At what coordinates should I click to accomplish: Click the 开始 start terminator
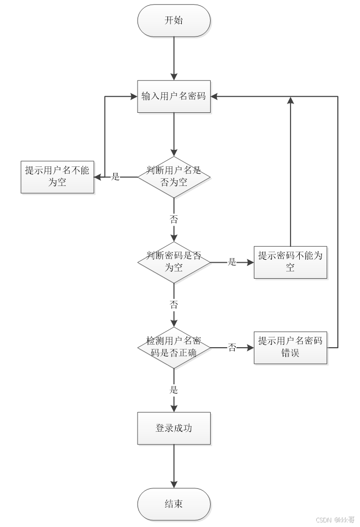[x=174, y=21]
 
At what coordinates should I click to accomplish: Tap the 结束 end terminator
[x=174, y=504]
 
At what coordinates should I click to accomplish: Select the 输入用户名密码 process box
[x=174, y=96]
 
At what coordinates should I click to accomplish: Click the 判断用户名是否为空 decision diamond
[x=174, y=177]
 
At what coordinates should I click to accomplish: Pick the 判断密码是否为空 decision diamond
[x=174, y=262]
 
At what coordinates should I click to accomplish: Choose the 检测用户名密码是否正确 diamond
[x=174, y=347]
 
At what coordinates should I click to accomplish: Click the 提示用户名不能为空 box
[x=57, y=177]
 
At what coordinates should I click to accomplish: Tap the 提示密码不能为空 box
[x=290, y=262]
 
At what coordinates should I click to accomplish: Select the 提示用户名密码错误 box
[x=290, y=347]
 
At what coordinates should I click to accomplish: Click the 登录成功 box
[x=174, y=428]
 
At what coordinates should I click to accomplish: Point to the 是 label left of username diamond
[x=116, y=177]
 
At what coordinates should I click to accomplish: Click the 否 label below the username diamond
[x=174, y=219]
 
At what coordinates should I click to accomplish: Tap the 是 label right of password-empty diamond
[x=232, y=262]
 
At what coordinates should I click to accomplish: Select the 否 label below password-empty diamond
[x=174, y=304]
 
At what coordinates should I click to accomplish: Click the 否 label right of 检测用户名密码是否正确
[x=232, y=348]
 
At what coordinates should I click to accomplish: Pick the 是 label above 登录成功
[x=174, y=389]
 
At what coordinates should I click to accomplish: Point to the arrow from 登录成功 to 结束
[x=174, y=466]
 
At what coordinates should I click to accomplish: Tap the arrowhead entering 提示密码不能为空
[x=250, y=262]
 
